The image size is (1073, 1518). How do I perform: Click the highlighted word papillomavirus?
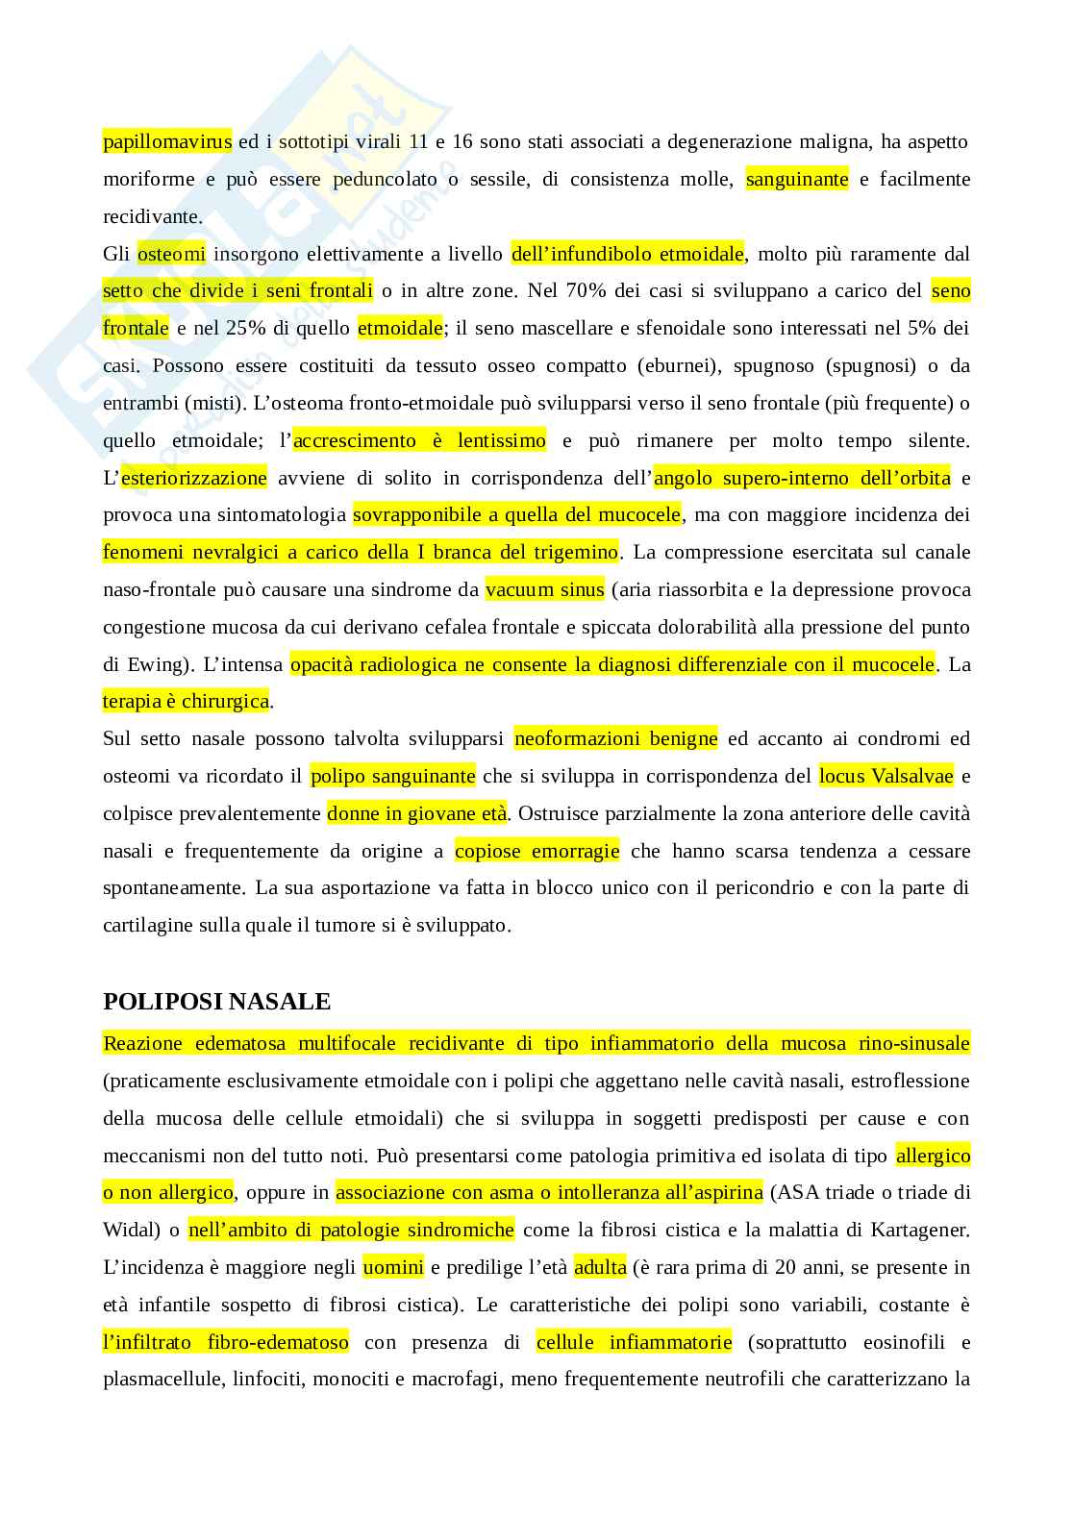(167, 142)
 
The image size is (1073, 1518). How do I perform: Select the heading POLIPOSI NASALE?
(216, 1002)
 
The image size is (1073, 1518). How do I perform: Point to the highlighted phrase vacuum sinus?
(545, 590)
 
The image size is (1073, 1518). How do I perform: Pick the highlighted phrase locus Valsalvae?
(886, 776)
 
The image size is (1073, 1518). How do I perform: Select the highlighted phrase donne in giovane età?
(416, 813)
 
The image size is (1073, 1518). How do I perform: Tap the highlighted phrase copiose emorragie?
(536, 851)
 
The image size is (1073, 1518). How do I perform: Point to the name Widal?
(128, 1230)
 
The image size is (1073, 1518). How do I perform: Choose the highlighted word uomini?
(392, 1267)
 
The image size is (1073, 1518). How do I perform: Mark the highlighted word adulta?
(600, 1267)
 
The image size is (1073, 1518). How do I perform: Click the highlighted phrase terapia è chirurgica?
(186, 702)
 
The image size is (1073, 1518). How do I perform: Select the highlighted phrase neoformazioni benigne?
(615, 739)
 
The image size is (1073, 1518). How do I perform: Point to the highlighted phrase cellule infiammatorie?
(634, 1342)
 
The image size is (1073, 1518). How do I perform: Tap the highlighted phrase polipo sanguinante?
(392, 776)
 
